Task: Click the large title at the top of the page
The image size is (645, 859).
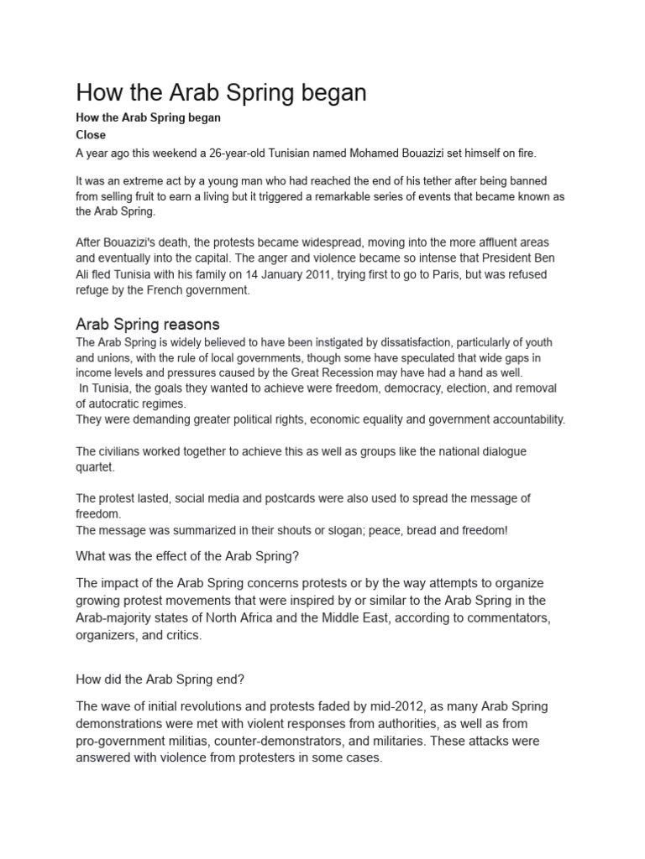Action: tap(221, 92)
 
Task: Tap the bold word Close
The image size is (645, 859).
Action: tap(91, 134)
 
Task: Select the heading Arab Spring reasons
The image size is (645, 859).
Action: tap(148, 324)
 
